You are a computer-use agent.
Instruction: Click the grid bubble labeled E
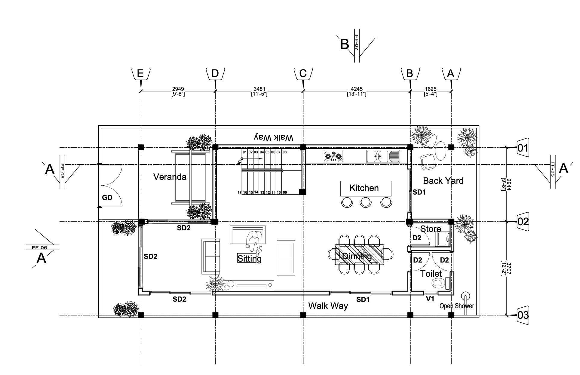(141, 74)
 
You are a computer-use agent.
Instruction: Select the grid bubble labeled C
(303, 74)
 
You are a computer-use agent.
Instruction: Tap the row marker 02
(523, 222)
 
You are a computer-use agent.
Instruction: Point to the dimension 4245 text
(357, 89)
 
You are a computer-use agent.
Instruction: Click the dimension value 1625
(431, 89)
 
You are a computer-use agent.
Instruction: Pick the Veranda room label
(170, 177)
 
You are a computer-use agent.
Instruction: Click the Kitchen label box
(366, 189)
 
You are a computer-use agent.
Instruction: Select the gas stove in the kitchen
(333, 157)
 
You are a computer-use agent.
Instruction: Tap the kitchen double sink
(383, 156)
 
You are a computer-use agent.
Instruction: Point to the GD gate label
(107, 198)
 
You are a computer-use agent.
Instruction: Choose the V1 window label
(430, 299)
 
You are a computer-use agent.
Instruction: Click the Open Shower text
(457, 306)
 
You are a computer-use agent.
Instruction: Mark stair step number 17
(240, 192)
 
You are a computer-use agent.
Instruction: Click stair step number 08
(285, 152)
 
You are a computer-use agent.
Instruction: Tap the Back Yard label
(443, 181)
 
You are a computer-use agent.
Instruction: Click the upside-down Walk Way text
(274, 137)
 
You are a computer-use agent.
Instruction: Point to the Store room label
(431, 229)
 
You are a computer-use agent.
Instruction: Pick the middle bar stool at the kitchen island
(366, 202)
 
